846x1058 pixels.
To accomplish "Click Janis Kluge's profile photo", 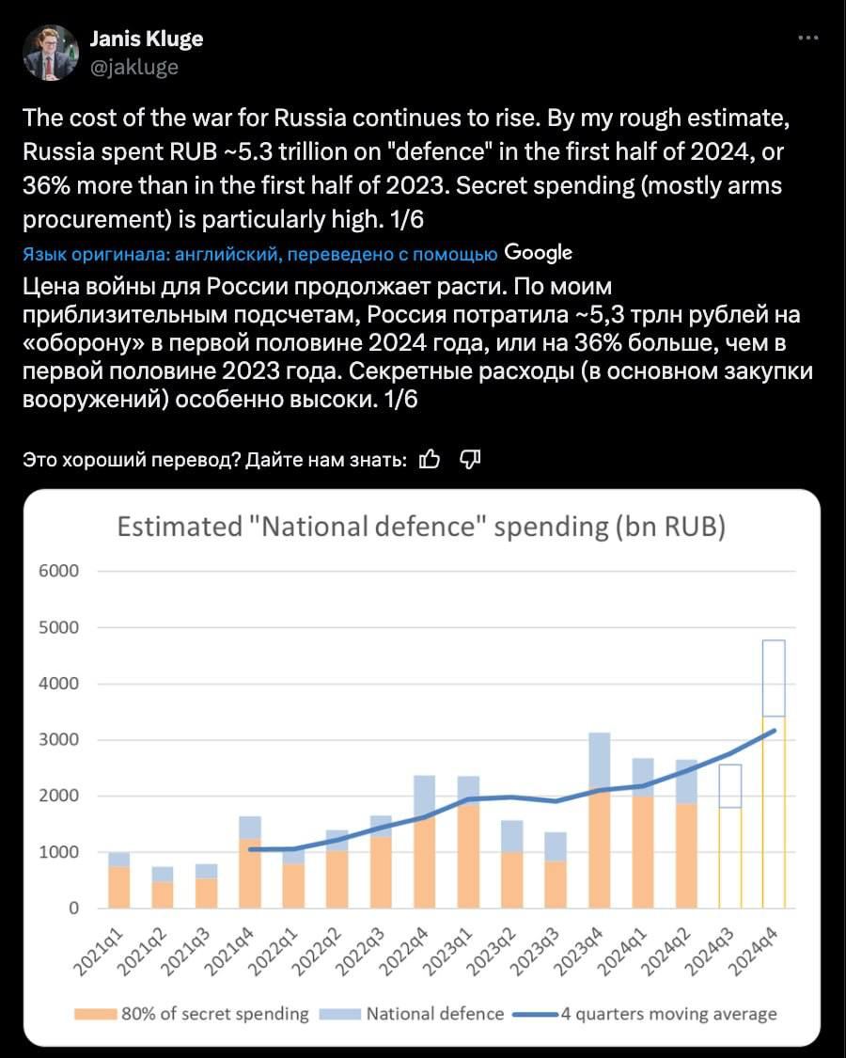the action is [51, 53].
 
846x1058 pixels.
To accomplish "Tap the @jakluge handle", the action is [134, 67].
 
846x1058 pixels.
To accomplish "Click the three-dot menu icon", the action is [807, 38].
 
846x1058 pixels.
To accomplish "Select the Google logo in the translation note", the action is [538, 253].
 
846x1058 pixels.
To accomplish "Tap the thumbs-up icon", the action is [429, 460].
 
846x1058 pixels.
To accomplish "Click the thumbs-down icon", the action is [470, 460].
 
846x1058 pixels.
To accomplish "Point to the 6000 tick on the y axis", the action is [59, 571].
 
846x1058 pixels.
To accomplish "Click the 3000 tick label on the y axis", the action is [59, 739].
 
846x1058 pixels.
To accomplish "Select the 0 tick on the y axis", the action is [73, 908].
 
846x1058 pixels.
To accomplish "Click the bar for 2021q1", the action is [119, 880].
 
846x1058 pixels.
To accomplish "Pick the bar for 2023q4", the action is [599, 820].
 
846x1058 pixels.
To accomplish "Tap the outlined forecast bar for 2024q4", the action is [774, 774].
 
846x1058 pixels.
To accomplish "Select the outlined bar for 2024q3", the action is [730, 837].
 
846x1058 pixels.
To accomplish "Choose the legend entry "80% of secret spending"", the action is [192, 1014].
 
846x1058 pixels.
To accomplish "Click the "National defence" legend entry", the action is [411, 1014].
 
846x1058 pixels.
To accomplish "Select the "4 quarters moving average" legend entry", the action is [644, 1014].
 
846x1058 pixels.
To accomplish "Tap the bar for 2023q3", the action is [556, 871].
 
